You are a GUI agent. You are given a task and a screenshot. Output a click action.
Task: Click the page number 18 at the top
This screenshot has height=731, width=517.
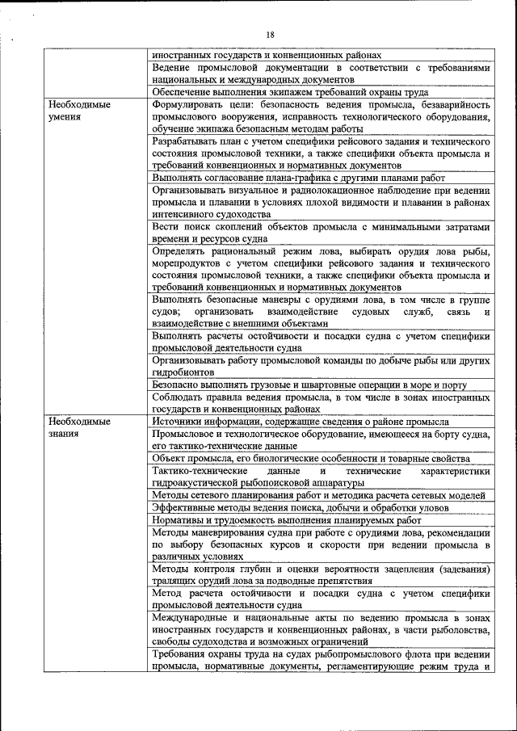(x=270, y=34)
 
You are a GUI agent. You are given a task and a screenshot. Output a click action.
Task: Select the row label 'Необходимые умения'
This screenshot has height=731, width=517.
(x=78, y=111)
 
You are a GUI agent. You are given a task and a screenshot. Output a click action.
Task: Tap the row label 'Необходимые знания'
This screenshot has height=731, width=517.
(x=78, y=427)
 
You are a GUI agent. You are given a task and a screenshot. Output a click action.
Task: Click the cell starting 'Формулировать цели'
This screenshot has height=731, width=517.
(x=321, y=116)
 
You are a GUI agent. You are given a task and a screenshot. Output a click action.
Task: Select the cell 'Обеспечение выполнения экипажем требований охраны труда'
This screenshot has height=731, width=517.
(x=321, y=92)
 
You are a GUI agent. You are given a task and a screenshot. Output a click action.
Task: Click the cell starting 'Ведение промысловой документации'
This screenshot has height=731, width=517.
(x=321, y=74)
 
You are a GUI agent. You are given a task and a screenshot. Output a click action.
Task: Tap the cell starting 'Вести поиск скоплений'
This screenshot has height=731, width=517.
(x=321, y=233)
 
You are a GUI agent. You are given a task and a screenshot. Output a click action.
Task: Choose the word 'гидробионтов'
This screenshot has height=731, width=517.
(x=183, y=372)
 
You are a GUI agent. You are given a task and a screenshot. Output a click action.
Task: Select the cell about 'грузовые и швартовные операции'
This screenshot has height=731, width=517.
(x=321, y=385)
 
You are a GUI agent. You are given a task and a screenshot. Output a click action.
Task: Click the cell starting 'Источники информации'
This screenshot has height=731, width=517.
(x=321, y=422)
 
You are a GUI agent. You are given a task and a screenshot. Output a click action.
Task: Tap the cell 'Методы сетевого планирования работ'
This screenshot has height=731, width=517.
(x=321, y=495)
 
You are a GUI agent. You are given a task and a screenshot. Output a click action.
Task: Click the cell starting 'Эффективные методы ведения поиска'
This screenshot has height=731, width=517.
(x=321, y=507)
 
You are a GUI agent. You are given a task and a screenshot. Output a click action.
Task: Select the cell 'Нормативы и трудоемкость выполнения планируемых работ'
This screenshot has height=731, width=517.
(x=321, y=520)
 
